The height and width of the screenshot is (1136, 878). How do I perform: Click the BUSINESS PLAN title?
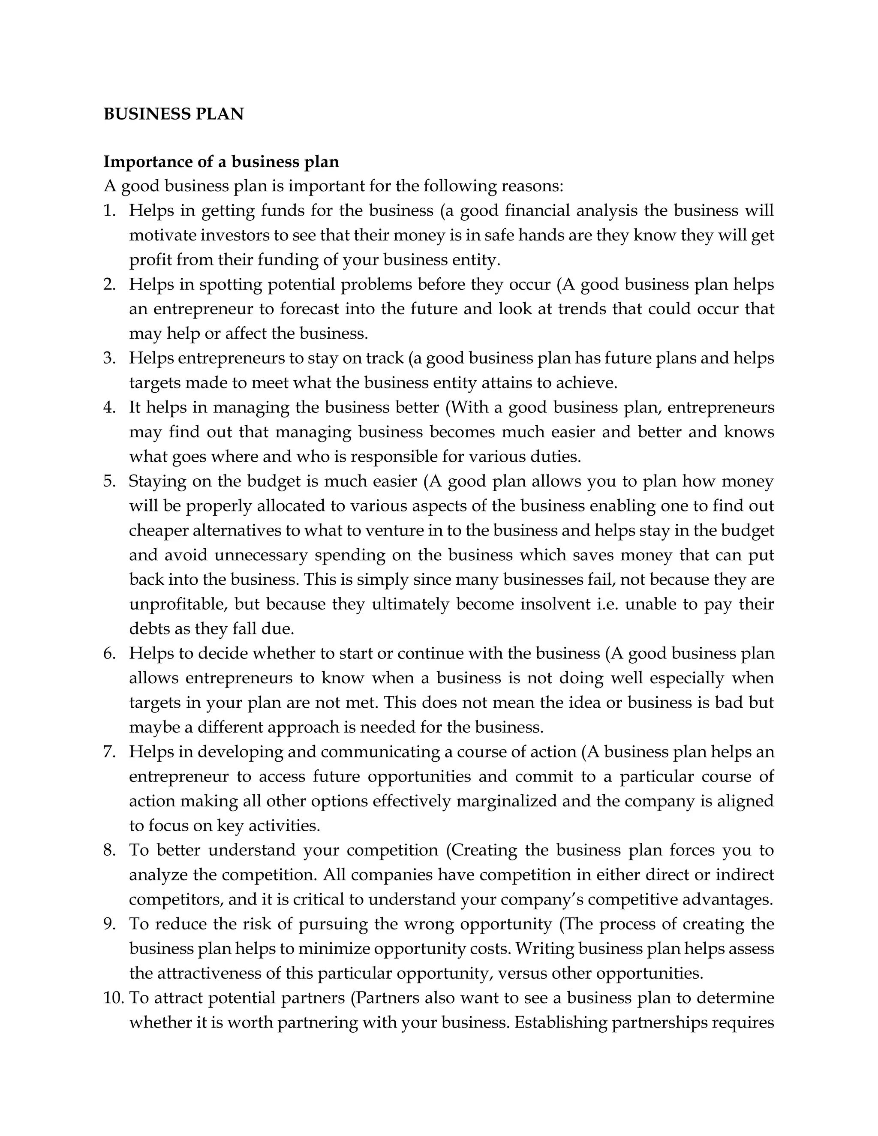pos(173,114)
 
